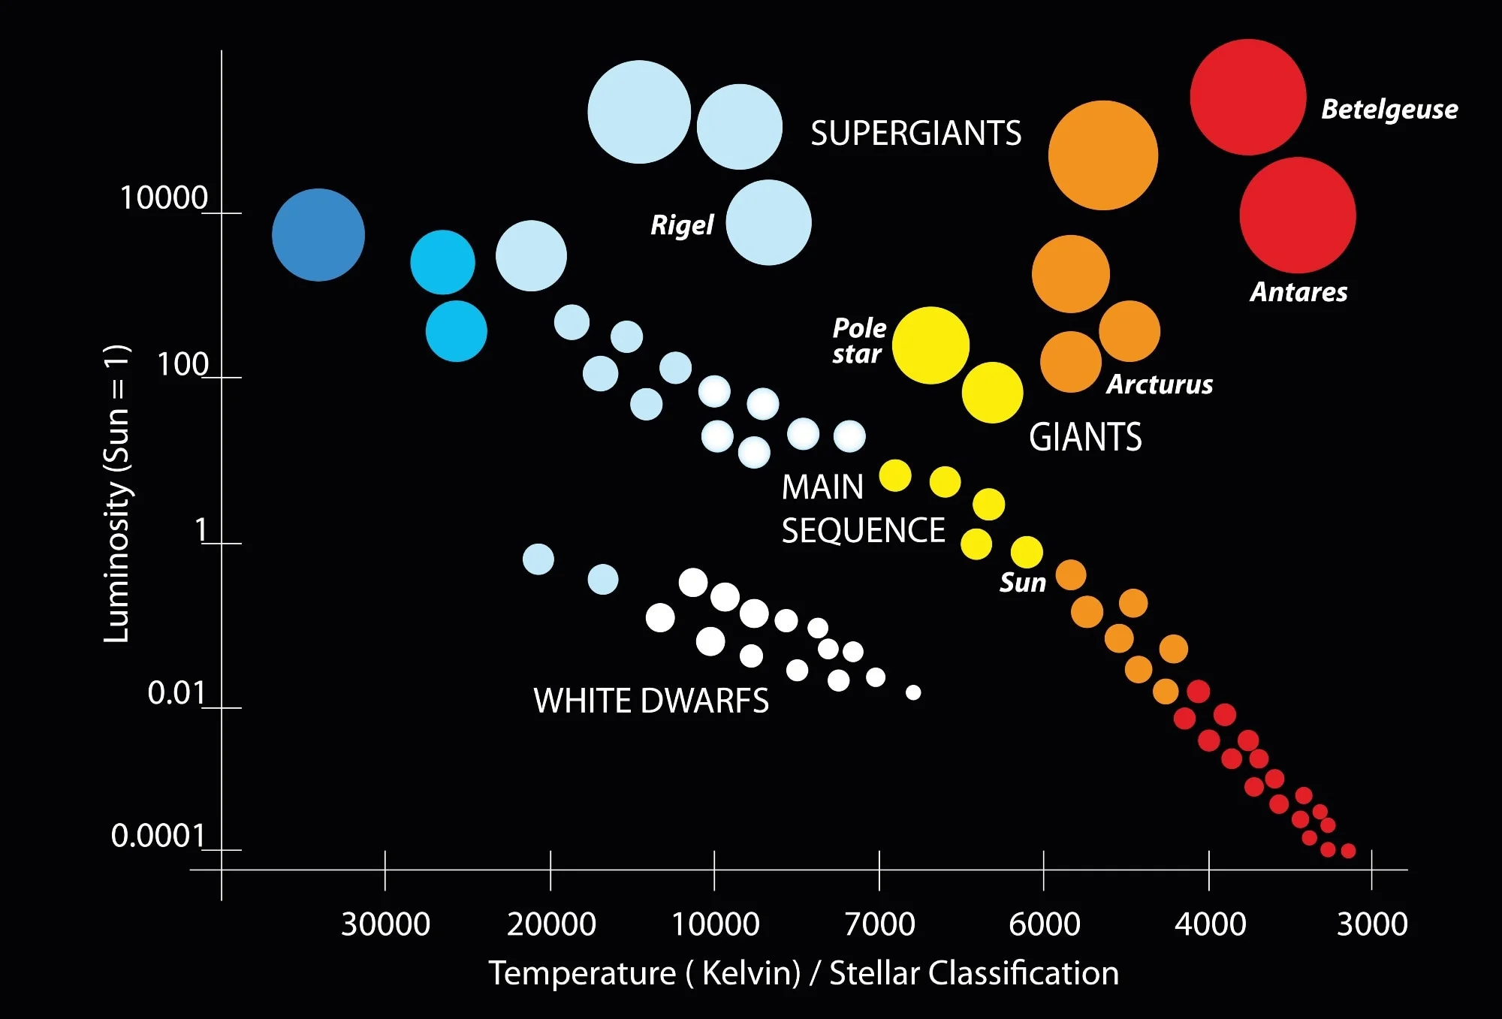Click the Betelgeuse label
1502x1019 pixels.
click(x=1389, y=110)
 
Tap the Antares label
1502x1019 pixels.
click(x=1298, y=292)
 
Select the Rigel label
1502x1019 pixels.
click(x=682, y=225)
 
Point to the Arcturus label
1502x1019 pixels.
click(x=1160, y=384)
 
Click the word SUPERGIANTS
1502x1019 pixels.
click(x=915, y=134)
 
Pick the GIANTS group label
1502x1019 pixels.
click(x=1085, y=437)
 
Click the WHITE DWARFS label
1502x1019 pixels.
click(x=651, y=701)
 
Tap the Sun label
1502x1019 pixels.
click(x=1022, y=583)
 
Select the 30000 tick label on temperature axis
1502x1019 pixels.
click(x=385, y=924)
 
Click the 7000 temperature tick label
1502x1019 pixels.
click(x=879, y=924)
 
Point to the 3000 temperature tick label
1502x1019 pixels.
click(x=1372, y=924)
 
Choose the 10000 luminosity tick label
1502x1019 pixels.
click(x=164, y=198)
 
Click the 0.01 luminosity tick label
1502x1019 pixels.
click(x=176, y=693)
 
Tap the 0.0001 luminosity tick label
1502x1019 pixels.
click(x=158, y=836)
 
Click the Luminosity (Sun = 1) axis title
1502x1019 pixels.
click(x=117, y=493)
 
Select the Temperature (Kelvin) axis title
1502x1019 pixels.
click(x=804, y=973)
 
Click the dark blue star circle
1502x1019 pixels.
click(x=318, y=235)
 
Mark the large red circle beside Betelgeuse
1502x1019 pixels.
click(x=1247, y=97)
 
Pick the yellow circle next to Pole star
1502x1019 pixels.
click(x=930, y=345)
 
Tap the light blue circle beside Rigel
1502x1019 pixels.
click(x=768, y=222)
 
